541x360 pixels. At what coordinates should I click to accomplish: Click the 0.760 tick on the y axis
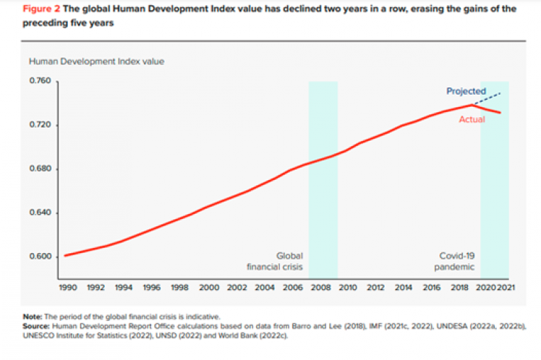(40, 81)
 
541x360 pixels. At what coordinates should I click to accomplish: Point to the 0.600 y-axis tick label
(40, 257)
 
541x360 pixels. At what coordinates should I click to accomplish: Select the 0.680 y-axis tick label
(40, 169)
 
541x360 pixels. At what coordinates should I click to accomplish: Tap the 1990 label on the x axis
(67, 287)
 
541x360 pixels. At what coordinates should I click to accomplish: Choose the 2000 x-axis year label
(209, 287)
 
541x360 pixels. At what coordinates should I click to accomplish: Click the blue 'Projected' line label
(466, 91)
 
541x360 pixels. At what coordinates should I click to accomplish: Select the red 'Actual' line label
(472, 119)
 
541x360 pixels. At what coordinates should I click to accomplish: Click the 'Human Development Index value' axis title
(96, 61)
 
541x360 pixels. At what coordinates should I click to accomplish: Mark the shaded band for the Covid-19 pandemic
(495, 181)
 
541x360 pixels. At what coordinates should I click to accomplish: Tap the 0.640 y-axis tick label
(40, 213)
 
